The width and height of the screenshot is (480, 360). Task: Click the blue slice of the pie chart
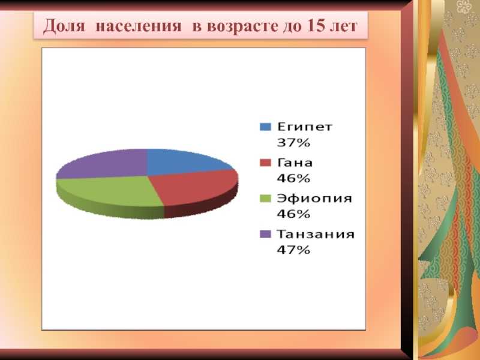click(x=181, y=162)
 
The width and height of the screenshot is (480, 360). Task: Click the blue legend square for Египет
click(x=265, y=127)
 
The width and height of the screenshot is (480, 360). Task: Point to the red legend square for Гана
click(x=265, y=163)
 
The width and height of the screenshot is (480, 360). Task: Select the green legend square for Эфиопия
click(x=265, y=199)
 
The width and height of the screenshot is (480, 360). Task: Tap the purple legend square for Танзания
click(x=265, y=234)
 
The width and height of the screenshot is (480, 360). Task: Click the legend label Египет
click(x=305, y=127)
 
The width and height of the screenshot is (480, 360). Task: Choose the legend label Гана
click(x=295, y=163)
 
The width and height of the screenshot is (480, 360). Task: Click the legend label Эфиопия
click(x=314, y=199)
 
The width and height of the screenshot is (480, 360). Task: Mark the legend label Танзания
click(x=316, y=234)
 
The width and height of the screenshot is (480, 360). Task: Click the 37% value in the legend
click(x=293, y=143)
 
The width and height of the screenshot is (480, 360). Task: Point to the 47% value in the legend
click(x=293, y=250)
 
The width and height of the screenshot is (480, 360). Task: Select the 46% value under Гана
click(x=293, y=178)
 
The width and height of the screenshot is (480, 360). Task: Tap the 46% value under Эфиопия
click(x=293, y=214)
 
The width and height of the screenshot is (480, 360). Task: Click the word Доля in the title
click(x=64, y=26)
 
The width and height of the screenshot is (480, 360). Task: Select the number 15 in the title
click(x=316, y=26)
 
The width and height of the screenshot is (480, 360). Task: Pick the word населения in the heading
click(x=139, y=26)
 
